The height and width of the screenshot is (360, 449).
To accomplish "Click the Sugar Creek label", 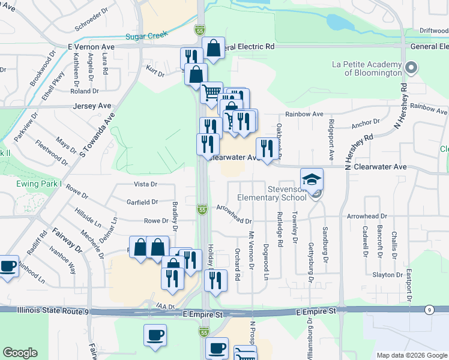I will [x=146, y=35].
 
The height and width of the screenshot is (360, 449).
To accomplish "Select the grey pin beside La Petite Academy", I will [x=411, y=67].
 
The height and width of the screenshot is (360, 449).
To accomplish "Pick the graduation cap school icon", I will [x=312, y=179].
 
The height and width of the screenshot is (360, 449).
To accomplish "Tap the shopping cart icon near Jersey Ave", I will [x=211, y=92].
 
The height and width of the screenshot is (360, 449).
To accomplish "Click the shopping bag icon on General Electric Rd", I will [x=213, y=47].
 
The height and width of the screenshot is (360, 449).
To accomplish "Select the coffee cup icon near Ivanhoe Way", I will [x=8, y=266].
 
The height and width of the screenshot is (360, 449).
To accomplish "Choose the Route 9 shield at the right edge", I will [x=429, y=310].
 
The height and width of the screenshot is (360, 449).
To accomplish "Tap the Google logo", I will [x=20, y=353].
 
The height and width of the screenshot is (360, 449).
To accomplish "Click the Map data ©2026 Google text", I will [x=411, y=355].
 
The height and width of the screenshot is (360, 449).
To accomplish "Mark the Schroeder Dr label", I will [x=90, y=20].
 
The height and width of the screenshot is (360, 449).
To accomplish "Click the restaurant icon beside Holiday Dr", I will [x=215, y=280].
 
